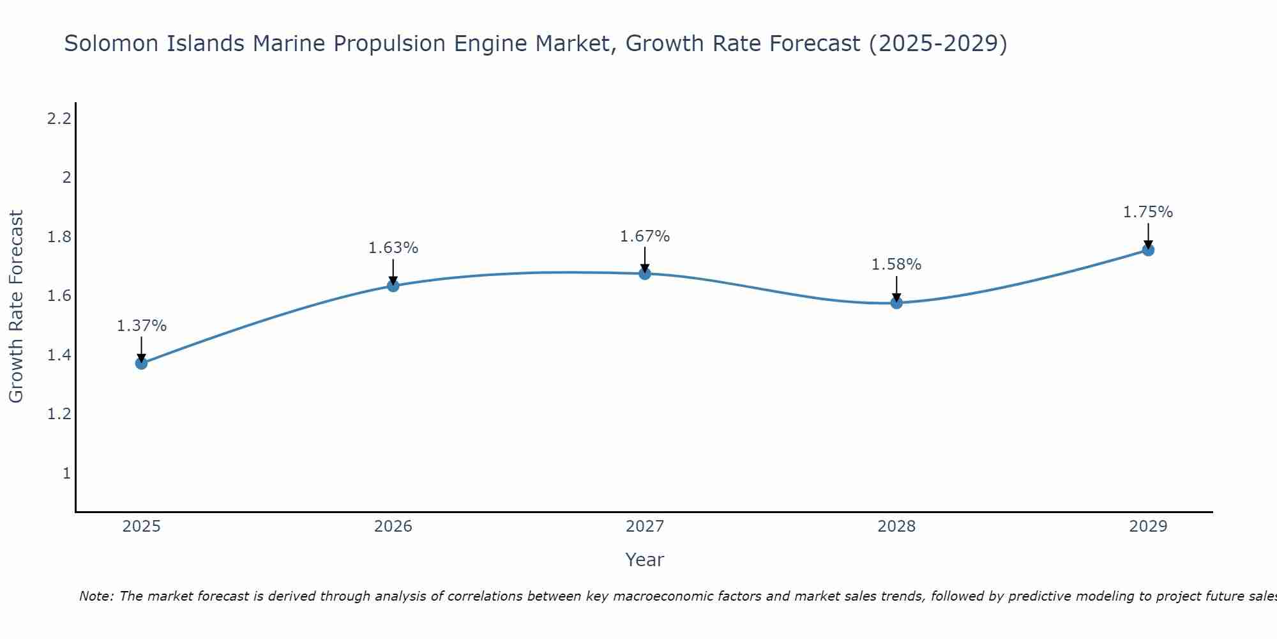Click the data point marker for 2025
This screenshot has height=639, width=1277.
(141, 363)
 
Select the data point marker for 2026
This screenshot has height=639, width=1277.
(393, 286)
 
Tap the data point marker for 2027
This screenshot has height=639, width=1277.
(645, 273)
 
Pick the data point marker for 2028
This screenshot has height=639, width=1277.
(896, 302)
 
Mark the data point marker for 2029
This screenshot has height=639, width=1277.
(1148, 250)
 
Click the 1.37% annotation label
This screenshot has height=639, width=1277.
(141, 326)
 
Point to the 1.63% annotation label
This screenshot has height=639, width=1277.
(393, 248)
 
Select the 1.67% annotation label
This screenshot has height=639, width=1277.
(645, 236)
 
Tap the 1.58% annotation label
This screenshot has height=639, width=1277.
(896, 265)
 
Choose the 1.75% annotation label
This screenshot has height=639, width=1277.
(1148, 212)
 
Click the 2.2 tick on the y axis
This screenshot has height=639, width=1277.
(59, 118)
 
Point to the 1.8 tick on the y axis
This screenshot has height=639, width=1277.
(59, 237)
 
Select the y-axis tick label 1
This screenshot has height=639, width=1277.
(66, 473)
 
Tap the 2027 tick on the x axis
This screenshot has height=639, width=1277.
(645, 527)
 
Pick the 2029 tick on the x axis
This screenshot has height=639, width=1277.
(1148, 527)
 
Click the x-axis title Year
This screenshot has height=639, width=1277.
(645, 560)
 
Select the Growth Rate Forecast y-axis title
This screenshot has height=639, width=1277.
(16, 307)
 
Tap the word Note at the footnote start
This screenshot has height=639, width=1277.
(96, 596)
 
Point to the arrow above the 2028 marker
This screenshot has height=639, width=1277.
(896, 288)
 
